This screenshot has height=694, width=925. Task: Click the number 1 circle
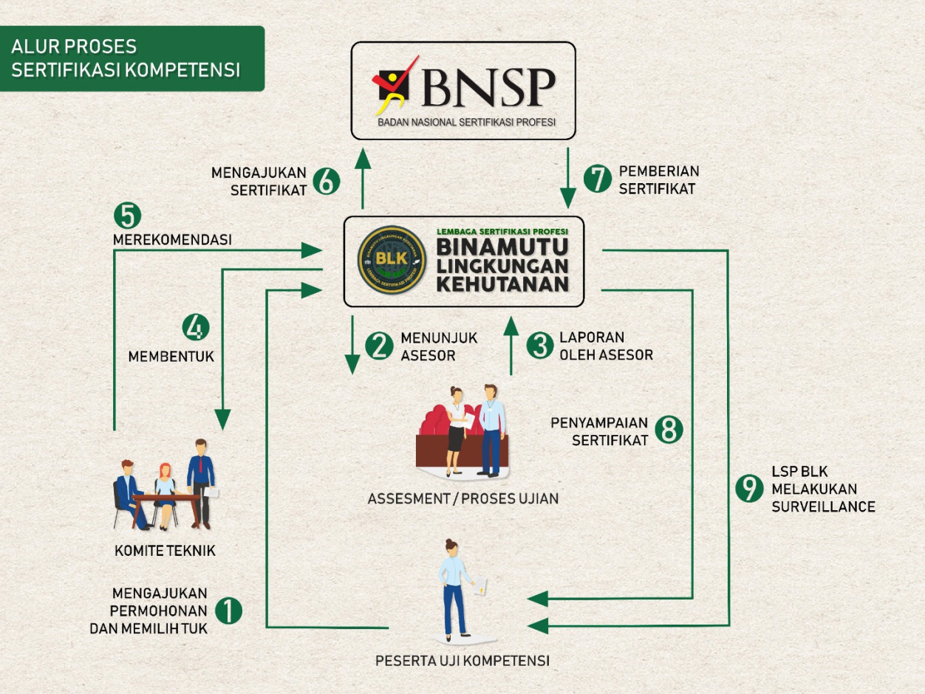pyautogui.click(x=228, y=611)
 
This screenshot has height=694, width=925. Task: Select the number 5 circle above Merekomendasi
pyautogui.click(x=127, y=216)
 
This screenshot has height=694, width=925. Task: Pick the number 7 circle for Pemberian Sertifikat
pyautogui.click(x=598, y=179)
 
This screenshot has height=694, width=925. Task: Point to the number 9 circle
pyautogui.click(x=750, y=489)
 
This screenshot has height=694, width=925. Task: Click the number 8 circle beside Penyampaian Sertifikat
pyautogui.click(x=669, y=430)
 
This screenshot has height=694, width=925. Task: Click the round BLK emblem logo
pyautogui.click(x=392, y=261)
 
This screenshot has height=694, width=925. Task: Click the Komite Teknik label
pyautogui.click(x=165, y=551)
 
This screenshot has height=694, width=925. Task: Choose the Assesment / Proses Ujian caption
pyautogui.click(x=463, y=499)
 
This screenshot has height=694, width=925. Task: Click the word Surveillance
pyautogui.click(x=823, y=507)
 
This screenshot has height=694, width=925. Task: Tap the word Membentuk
pyautogui.click(x=171, y=357)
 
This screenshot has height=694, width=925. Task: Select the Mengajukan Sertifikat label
pyautogui.click(x=259, y=181)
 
